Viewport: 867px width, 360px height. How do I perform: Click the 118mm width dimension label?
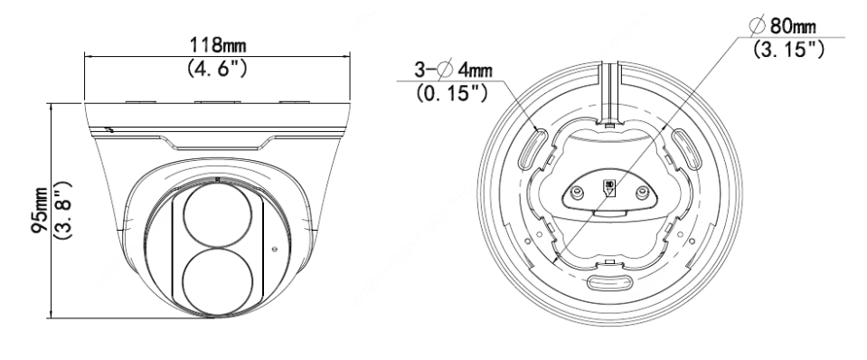(217, 44)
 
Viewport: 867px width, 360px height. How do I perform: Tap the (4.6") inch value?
(217, 68)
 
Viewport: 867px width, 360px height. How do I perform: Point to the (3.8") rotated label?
(63, 210)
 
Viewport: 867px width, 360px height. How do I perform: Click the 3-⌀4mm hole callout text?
(453, 71)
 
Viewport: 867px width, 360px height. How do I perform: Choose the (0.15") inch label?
(452, 92)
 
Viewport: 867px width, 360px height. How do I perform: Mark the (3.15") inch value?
(788, 49)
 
